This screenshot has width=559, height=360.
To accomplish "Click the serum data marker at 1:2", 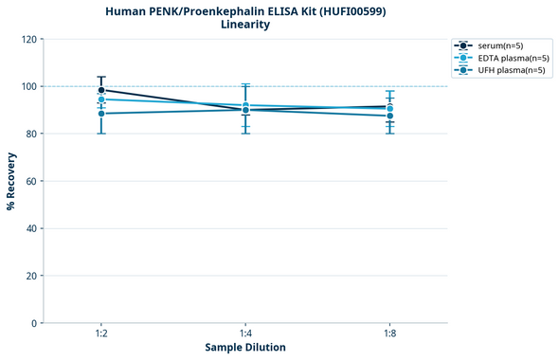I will point(101,90).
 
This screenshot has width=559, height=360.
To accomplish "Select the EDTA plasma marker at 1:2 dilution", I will point(101,99).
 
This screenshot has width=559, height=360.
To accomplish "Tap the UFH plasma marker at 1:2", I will point(101,114).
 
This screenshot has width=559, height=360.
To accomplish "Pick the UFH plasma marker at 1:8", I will point(390,116).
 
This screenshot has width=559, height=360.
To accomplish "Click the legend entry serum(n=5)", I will point(490,45).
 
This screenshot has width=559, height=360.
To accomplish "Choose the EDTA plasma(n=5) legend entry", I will point(498,58).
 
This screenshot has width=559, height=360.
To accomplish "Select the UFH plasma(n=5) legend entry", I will point(497,70).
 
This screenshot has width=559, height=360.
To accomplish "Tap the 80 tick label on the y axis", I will point(30,134).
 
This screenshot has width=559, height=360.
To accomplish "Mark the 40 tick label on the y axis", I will point(30,228).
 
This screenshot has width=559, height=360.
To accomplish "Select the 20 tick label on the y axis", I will point(30,276).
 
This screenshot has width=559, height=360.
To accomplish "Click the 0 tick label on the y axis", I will point(33,323).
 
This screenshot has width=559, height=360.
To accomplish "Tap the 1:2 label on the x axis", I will point(101,334).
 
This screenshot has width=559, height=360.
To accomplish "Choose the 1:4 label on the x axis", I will point(245,334).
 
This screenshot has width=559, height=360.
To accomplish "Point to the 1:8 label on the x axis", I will point(390,334).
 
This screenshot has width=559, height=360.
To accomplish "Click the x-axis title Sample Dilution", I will point(245,348).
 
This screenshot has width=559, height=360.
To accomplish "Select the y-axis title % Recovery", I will point(11,181).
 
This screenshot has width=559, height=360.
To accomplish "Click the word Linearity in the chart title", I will point(245,25).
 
